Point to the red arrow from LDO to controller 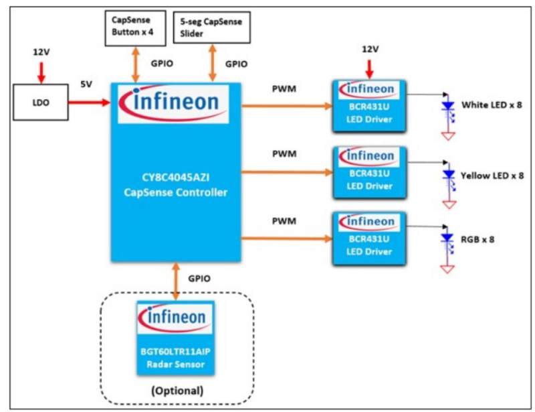[91, 103]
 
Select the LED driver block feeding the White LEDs [370, 105]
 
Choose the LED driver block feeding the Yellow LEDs [370, 171]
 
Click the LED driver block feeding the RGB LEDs [370, 237]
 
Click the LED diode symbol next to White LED [446, 107]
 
